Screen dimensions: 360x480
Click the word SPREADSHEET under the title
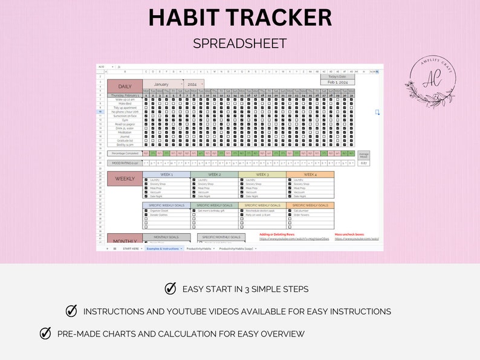tap(240, 43)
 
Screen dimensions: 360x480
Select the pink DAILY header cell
tap(125, 86)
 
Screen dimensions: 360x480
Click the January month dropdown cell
tap(162, 84)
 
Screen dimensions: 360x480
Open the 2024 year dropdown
tap(193, 84)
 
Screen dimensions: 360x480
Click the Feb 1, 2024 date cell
tap(337, 82)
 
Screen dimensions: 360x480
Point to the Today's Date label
tap(337, 76)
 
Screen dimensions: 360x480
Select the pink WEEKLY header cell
tap(125, 179)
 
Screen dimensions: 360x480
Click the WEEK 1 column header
tap(166, 175)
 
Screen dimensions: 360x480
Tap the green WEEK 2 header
tap(214, 175)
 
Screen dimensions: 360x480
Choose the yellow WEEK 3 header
tap(262, 175)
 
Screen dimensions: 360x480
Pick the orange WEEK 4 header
tap(310, 175)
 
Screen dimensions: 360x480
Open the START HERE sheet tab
tap(131, 248)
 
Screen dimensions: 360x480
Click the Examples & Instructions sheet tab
tap(163, 248)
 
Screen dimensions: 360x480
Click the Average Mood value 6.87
tap(363, 163)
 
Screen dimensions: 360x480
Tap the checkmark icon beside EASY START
tap(170, 289)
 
